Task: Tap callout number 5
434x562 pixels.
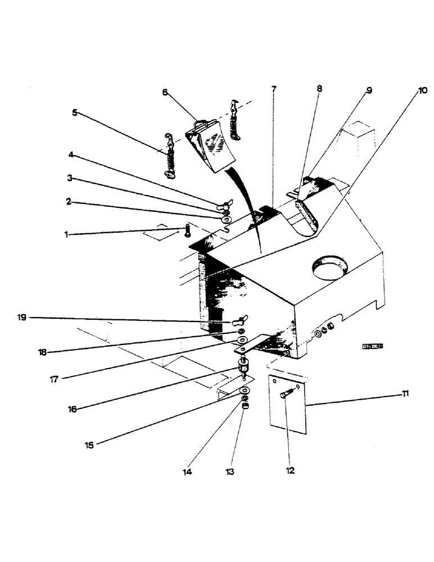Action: click(75, 112)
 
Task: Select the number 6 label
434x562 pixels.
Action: click(165, 92)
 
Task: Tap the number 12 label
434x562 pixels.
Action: click(290, 470)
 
